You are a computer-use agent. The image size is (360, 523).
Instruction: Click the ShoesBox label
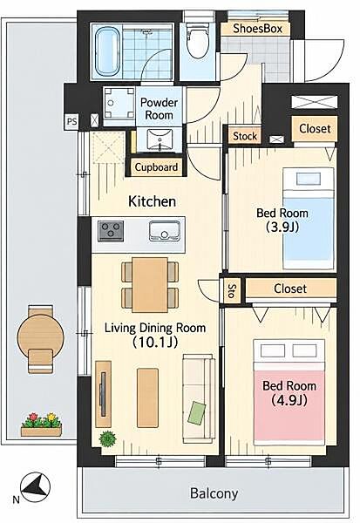click(257, 29)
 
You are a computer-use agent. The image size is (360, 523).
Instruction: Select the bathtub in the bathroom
click(107, 51)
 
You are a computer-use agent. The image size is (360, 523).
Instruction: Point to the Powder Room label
click(159, 109)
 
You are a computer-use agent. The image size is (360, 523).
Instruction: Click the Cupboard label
click(156, 166)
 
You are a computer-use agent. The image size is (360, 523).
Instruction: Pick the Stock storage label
click(245, 136)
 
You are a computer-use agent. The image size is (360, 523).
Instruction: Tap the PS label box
click(71, 121)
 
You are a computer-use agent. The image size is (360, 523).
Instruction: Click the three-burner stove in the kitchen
click(111, 230)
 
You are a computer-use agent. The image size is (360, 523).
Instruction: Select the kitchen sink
click(165, 230)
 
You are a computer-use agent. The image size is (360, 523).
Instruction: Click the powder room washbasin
click(160, 140)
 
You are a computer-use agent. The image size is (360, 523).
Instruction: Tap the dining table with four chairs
click(150, 285)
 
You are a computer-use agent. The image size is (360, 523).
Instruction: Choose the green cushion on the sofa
click(197, 413)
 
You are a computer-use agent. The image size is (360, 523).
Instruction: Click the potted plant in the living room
click(107, 438)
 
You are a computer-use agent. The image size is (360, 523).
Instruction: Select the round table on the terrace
click(41, 336)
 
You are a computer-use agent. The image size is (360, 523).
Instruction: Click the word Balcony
click(214, 493)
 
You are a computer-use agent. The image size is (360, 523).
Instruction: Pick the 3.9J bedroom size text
click(282, 228)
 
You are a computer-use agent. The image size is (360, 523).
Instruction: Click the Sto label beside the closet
click(231, 291)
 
